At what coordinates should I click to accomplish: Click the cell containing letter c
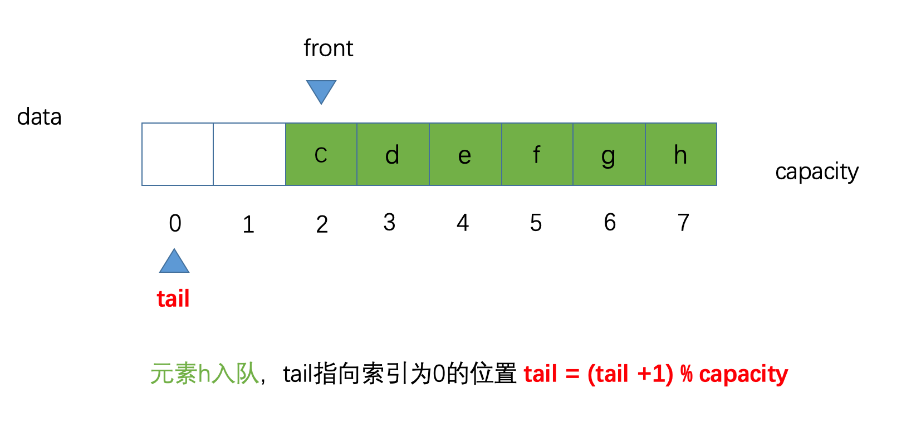pyautogui.click(x=321, y=154)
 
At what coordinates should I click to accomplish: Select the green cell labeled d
pyautogui.click(x=393, y=154)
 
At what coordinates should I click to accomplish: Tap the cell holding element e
pyautogui.click(x=465, y=154)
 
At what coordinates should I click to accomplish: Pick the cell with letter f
pyautogui.click(x=537, y=154)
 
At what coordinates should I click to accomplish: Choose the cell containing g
pyautogui.click(x=609, y=154)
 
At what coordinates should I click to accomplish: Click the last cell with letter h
pyautogui.click(x=680, y=154)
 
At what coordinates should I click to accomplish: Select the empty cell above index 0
pyautogui.click(x=178, y=154)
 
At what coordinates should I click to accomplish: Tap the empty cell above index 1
pyautogui.click(x=249, y=154)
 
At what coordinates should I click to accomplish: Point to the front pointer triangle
pyautogui.click(x=321, y=91)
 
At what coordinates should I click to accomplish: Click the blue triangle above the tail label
pyautogui.click(x=174, y=262)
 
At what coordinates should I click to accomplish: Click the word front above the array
pyautogui.click(x=328, y=48)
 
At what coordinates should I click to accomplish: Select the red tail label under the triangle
pyautogui.click(x=173, y=299)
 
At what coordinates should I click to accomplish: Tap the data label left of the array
pyautogui.click(x=39, y=117)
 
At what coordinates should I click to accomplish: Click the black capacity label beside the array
pyautogui.click(x=816, y=172)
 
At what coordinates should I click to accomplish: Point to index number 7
pyautogui.click(x=683, y=223)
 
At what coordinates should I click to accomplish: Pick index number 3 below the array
pyautogui.click(x=389, y=223)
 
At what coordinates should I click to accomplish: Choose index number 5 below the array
pyautogui.click(x=536, y=223)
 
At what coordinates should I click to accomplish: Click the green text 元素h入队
pyautogui.click(x=204, y=374)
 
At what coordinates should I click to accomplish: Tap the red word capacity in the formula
pyautogui.click(x=743, y=374)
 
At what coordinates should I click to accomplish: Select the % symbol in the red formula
pyautogui.click(x=687, y=374)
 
